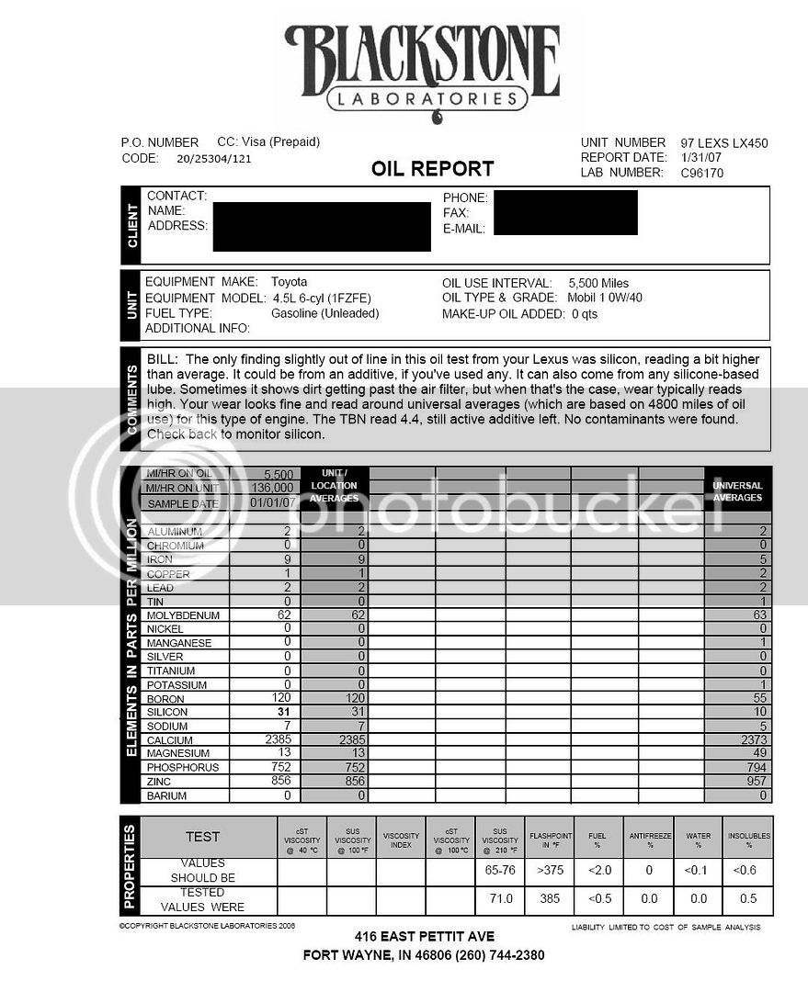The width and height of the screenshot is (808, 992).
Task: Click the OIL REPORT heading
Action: [432, 169]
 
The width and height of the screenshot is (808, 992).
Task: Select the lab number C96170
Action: [702, 173]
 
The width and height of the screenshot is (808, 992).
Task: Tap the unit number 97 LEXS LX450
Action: [723, 142]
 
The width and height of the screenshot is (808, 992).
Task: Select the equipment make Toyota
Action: [290, 282]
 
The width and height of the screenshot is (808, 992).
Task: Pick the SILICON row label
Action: [167, 712]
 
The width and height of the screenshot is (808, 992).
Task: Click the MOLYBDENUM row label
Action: [183, 614]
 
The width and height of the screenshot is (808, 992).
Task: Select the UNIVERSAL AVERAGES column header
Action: [737, 490]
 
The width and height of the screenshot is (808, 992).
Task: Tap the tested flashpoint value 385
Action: [551, 899]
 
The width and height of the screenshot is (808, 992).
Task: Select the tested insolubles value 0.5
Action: [747, 899]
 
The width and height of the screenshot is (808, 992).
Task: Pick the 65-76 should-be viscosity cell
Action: [501, 869]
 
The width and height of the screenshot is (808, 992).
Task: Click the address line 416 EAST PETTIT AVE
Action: [424, 936]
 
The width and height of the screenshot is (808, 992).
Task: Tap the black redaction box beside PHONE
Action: [564, 212]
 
